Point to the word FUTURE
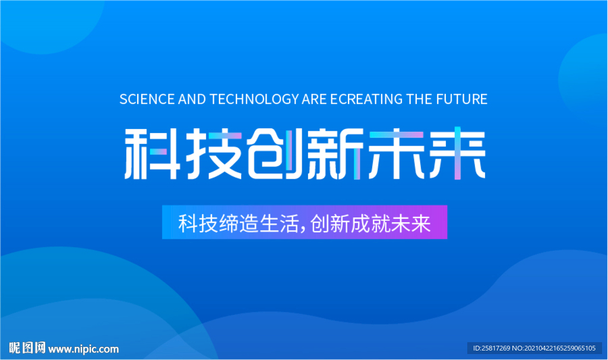[461, 99]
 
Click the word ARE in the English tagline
[314, 99]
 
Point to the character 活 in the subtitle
[290, 223]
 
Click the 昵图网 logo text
[27, 348]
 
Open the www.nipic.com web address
[83, 349]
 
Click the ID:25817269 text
[492, 348]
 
